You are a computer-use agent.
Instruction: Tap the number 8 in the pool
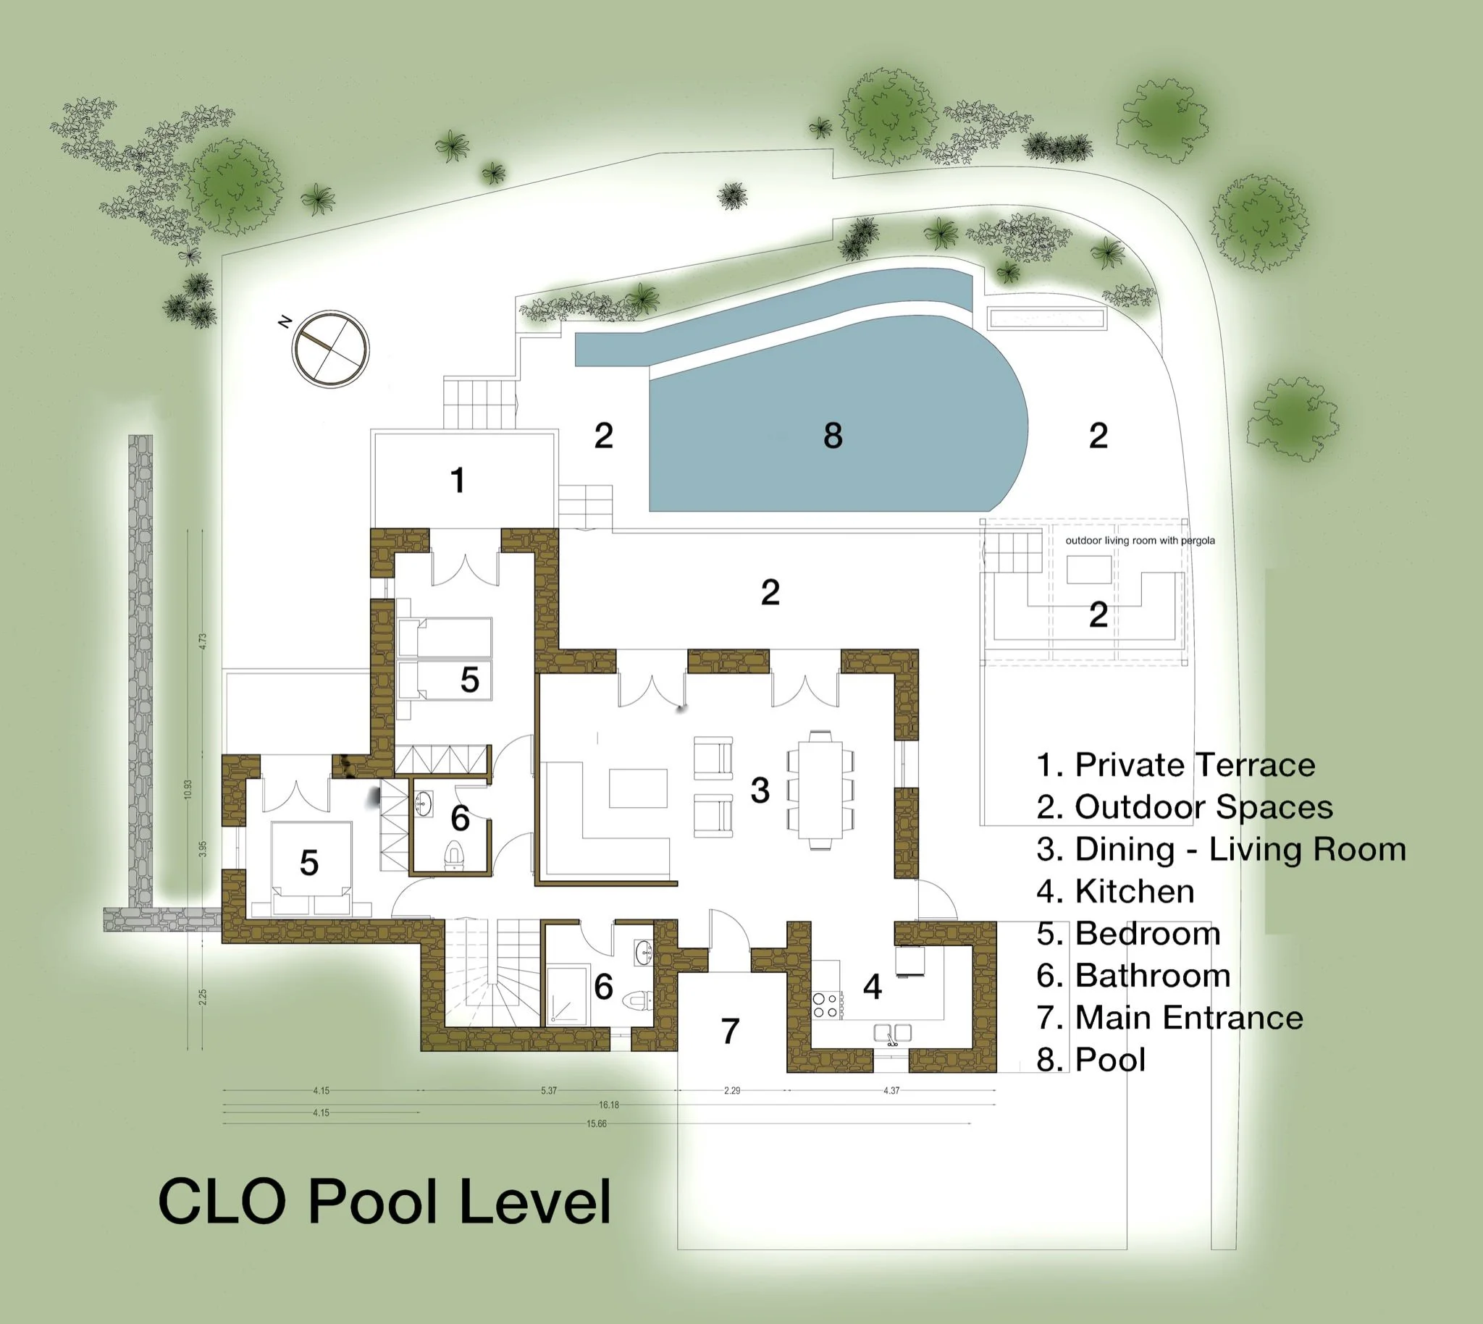(833, 436)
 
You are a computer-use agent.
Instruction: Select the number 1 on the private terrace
(457, 480)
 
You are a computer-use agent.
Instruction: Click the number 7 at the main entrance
(730, 1031)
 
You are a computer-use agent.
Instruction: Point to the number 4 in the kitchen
(873, 987)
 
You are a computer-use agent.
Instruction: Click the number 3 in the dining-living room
(760, 790)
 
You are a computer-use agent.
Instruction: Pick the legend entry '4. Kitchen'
(1115, 891)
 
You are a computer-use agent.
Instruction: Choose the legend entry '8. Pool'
(1091, 1060)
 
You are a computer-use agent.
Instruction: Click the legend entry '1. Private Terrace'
(1176, 765)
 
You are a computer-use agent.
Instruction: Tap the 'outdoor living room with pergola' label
(1140, 541)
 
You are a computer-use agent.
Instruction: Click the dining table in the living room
(820, 789)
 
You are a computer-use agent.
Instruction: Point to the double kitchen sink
(893, 1033)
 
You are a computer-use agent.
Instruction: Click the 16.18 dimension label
(609, 1105)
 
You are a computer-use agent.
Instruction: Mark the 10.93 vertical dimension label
(188, 789)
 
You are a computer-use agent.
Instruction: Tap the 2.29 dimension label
(732, 1090)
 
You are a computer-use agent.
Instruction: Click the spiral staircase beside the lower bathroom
(492, 973)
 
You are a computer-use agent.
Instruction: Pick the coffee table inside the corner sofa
(638, 788)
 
